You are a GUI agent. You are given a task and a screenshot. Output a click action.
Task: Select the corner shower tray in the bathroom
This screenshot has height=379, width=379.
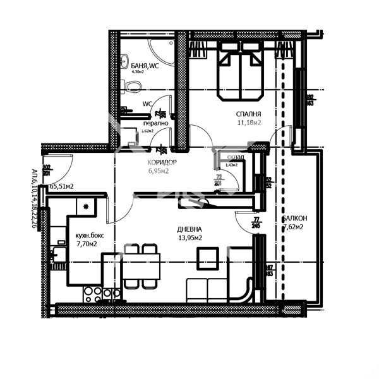pos(160,47)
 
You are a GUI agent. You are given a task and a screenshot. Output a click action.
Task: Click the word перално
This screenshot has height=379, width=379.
pos(138,123)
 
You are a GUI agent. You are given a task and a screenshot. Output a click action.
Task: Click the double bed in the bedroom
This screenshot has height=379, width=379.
pos(240,75)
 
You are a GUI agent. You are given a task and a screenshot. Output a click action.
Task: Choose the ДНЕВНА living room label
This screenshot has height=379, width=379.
pos(189,229)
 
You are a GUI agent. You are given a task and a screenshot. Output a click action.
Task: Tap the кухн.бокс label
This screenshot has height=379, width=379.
pos(86,233)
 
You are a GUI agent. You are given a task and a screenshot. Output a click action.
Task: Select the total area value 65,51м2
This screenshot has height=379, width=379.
pos(61,186)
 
